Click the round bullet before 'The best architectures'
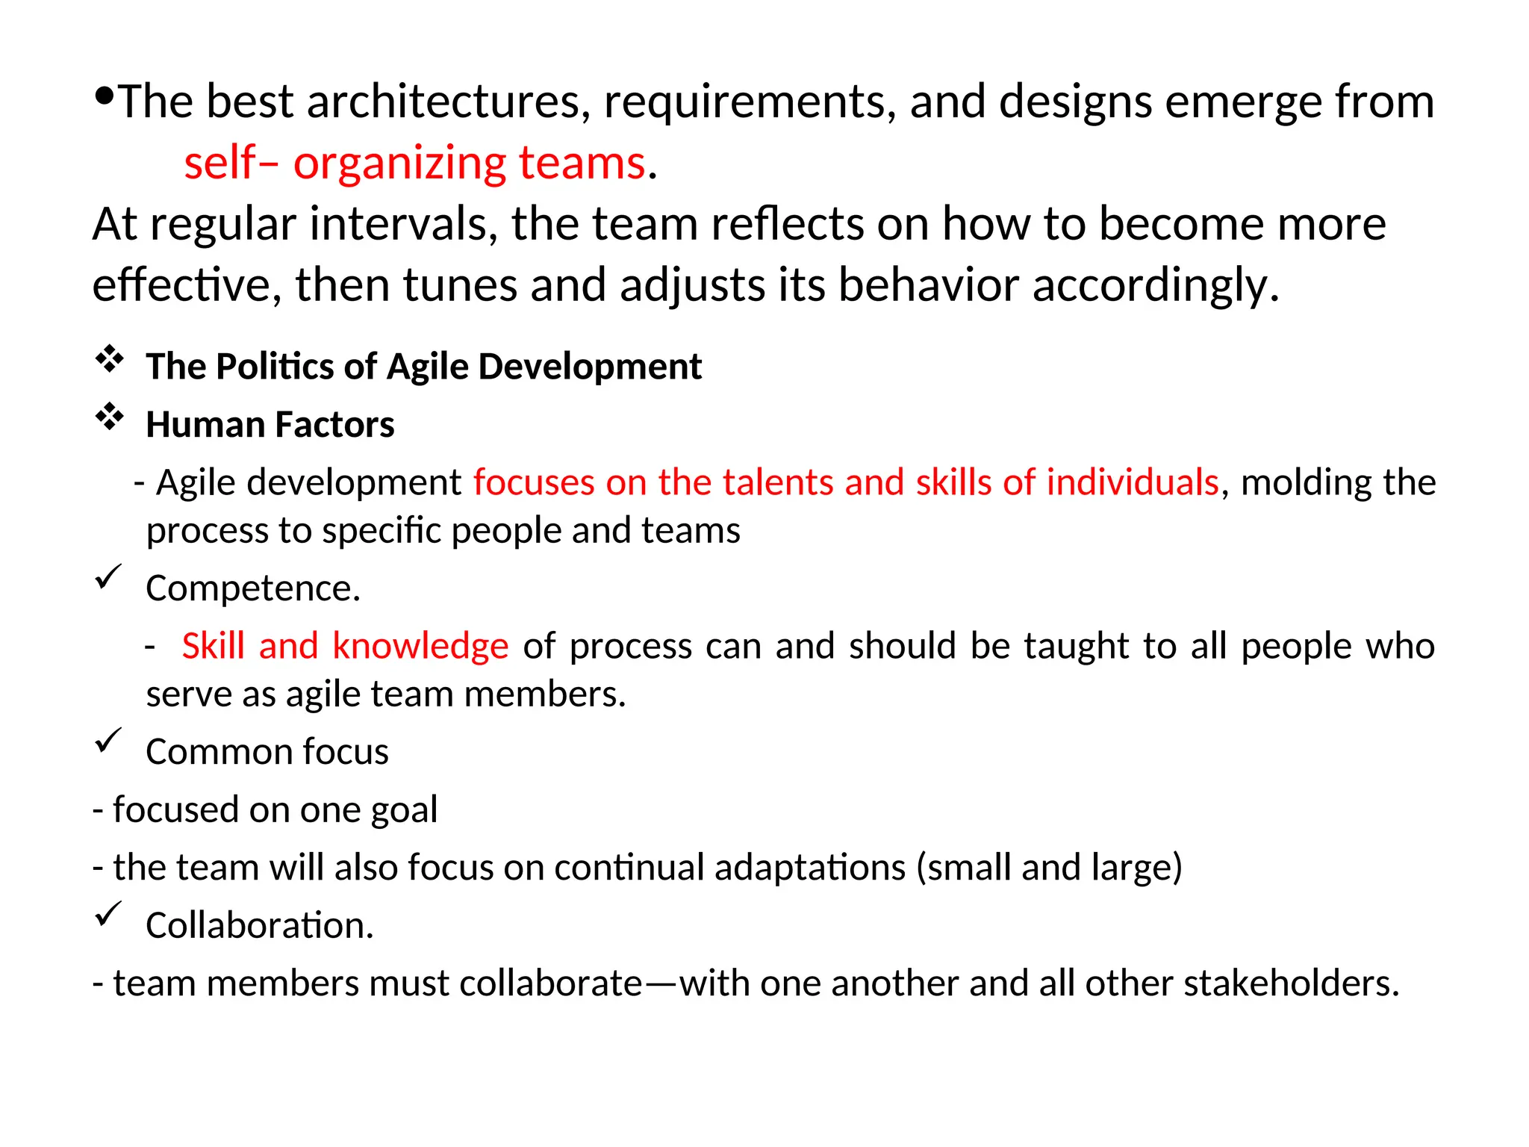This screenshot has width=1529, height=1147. point(105,95)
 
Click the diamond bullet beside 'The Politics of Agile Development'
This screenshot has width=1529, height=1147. point(109,359)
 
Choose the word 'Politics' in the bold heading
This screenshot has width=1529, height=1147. point(275,367)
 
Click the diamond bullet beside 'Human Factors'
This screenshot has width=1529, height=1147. point(109,417)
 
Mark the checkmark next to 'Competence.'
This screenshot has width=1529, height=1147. point(108,577)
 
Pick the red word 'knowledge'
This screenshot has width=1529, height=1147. point(420,646)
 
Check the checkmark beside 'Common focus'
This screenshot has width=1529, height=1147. point(108,740)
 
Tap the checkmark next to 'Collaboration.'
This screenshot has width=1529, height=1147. point(108,914)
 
